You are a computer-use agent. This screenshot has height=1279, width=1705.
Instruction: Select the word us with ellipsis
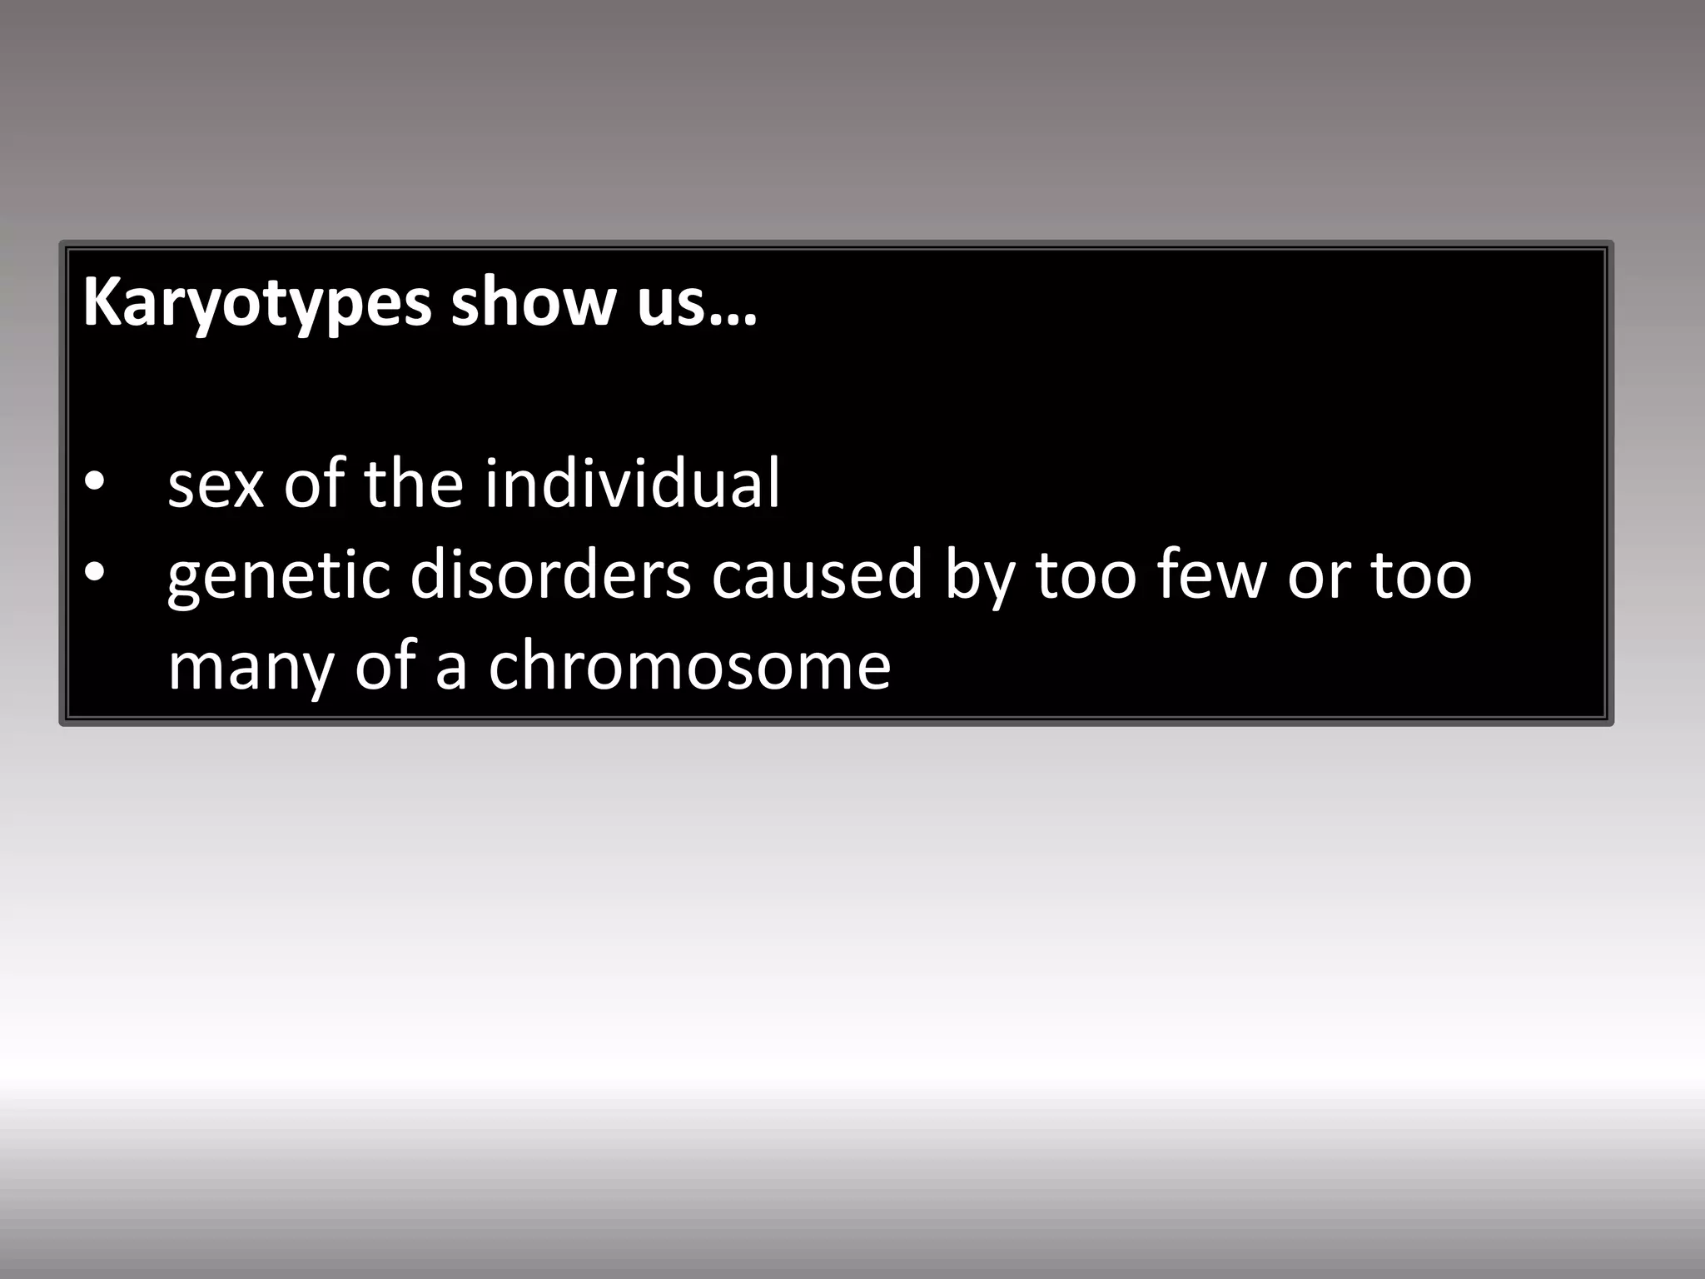pos(697,301)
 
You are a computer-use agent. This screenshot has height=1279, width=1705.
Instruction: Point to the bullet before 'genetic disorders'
pos(95,572)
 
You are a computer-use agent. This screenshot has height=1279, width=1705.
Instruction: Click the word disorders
pos(550,574)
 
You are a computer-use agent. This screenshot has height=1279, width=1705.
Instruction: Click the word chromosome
pos(688,665)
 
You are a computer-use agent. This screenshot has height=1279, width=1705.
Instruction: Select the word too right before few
pos(1086,574)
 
